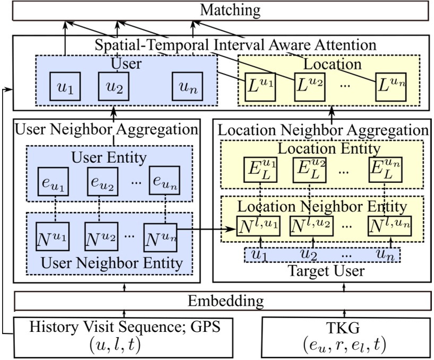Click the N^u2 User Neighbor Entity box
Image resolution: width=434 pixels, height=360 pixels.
pos(101,234)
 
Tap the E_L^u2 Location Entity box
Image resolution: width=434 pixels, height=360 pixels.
pos(309,169)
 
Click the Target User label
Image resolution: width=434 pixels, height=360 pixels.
pos(321,271)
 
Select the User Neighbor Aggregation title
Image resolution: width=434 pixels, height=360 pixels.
pos(108,129)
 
